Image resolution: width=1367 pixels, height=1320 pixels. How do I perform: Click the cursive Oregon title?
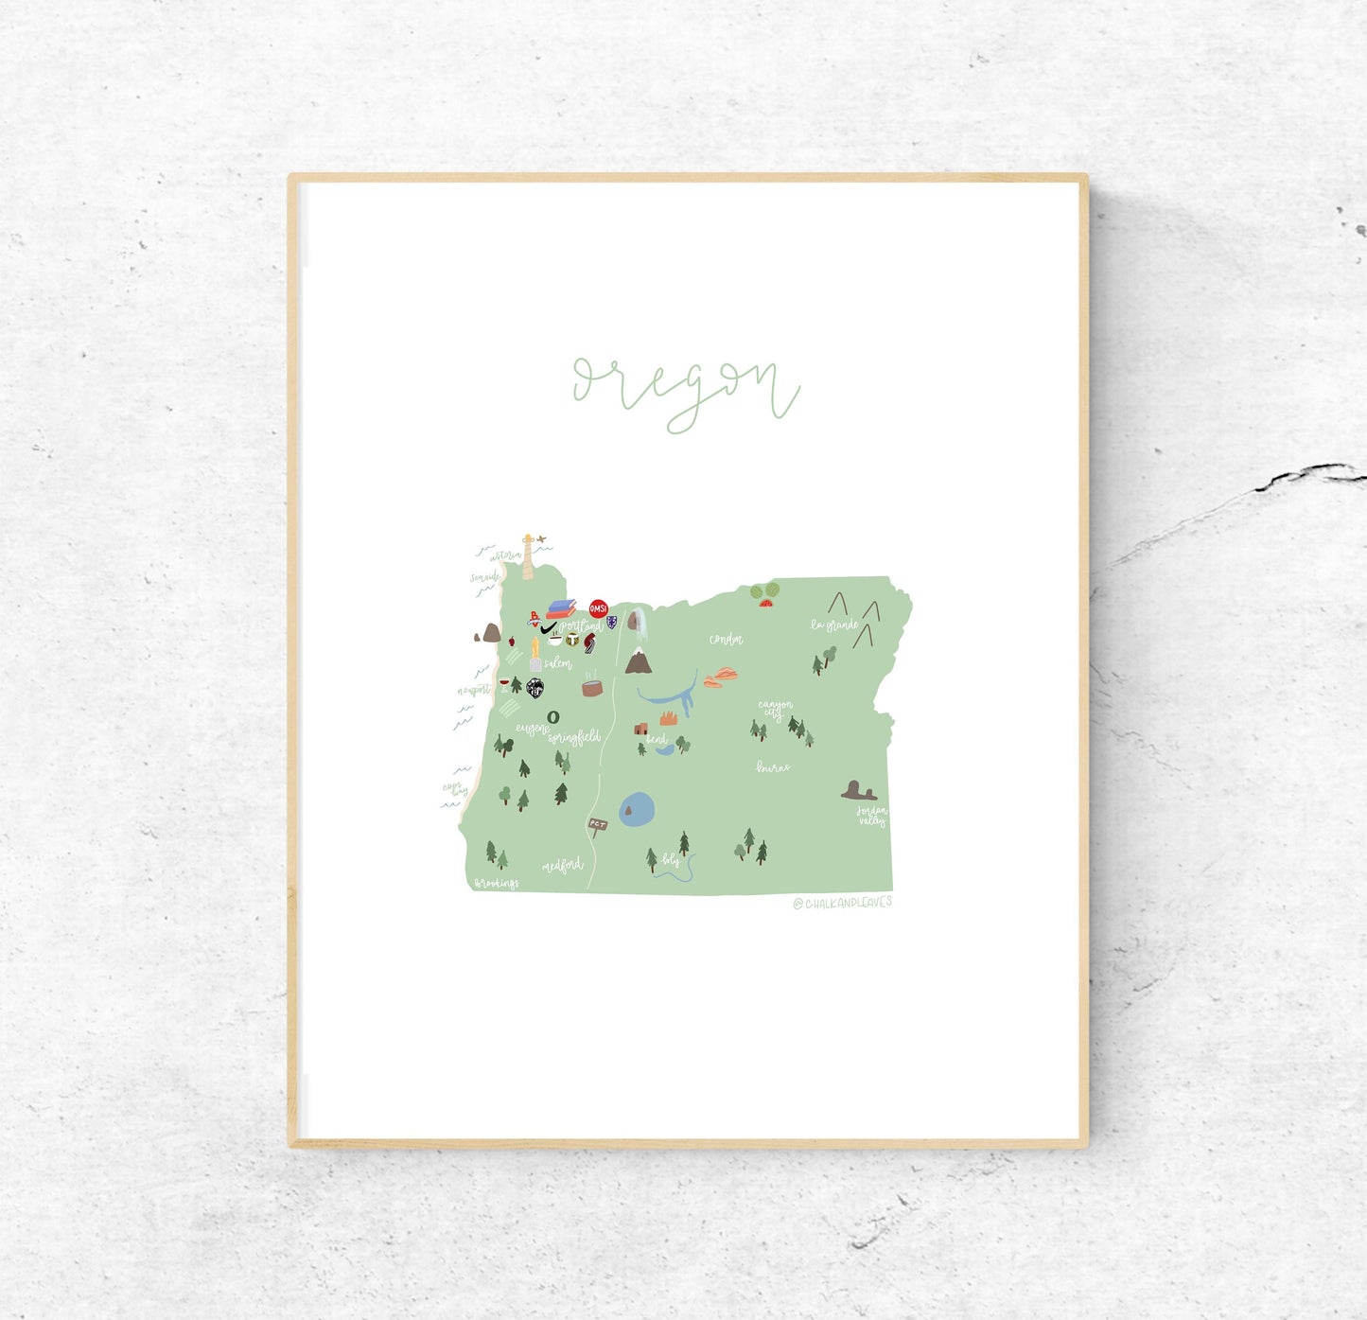pyautogui.click(x=686, y=391)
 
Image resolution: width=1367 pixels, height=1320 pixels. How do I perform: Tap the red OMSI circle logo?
pyautogui.click(x=598, y=608)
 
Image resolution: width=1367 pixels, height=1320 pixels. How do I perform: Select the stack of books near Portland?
pyautogui.click(x=560, y=608)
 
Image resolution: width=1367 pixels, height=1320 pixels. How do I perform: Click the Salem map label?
pyautogui.click(x=557, y=664)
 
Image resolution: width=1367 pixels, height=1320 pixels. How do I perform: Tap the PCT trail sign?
pyautogui.click(x=597, y=825)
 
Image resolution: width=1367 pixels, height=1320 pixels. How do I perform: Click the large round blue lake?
pyautogui.click(x=637, y=809)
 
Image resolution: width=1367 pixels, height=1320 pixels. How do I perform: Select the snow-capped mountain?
pyautogui.click(x=638, y=661)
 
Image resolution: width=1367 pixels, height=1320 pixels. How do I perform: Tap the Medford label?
pyautogui.click(x=562, y=865)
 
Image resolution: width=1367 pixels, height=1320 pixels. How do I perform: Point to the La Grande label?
pyautogui.click(x=833, y=625)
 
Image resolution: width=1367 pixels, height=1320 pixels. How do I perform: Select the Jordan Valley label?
pyautogui.click(x=871, y=816)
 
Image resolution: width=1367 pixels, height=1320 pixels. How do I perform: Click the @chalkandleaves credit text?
pyautogui.click(x=842, y=903)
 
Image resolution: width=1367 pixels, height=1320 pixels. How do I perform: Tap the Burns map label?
pyautogui.click(x=773, y=767)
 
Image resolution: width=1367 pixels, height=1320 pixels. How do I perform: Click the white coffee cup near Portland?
pyautogui.click(x=555, y=641)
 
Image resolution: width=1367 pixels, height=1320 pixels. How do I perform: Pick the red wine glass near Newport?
pyautogui.click(x=503, y=682)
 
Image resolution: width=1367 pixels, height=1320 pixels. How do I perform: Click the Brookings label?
pyautogui.click(x=497, y=883)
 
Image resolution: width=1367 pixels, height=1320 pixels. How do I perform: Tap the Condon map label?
pyautogui.click(x=726, y=640)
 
